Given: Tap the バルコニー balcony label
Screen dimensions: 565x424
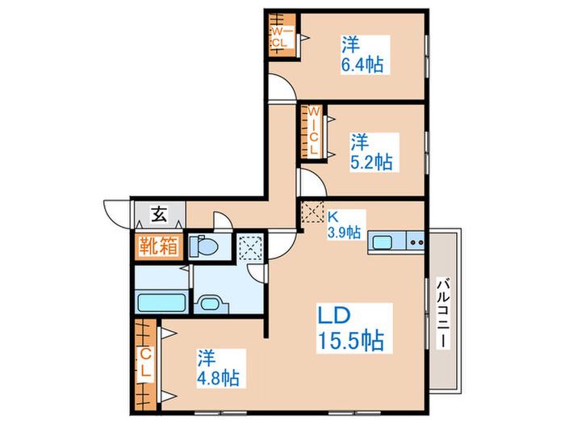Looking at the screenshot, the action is (444, 313).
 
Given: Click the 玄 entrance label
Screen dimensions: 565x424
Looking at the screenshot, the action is (159, 215).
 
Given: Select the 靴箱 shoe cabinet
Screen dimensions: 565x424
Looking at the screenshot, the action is (158, 246).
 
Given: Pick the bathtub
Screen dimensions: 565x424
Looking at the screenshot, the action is (161, 302).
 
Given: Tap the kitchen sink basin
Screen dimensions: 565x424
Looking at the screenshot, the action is (382, 242).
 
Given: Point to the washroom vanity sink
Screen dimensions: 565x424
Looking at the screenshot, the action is (210, 304).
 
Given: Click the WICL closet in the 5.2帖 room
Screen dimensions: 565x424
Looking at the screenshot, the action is (312, 132).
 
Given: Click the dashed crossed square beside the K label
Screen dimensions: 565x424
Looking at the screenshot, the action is (312, 212).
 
